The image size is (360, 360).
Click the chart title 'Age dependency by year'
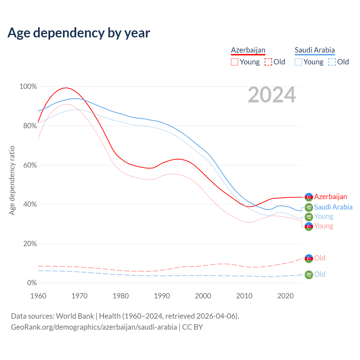pyautogui.click(x=79, y=33)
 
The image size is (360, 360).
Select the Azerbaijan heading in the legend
pyautogui.click(x=248, y=50)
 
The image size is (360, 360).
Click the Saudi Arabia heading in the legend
pyautogui.click(x=315, y=50)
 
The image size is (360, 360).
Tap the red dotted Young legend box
pyautogui.click(x=235, y=62)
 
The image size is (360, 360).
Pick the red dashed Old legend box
pyautogui.click(x=268, y=62)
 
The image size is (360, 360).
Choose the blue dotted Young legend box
pyautogui.click(x=298, y=62)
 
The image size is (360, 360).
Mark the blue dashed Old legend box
pyautogui.click(x=332, y=62)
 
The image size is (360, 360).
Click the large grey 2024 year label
pyautogui.click(x=272, y=95)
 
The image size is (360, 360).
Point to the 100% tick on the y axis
pyautogui.click(x=28, y=87)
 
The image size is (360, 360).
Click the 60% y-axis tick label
pyautogui.click(x=30, y=165)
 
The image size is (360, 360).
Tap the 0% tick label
pyautogui.click(x=32, y=283)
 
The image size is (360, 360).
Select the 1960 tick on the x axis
pyautogui.click(x=38, y=296)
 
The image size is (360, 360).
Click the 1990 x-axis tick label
pyautogui.click(x=162, y=296)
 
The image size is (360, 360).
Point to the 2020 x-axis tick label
pyautogui.click(x=285, y=296)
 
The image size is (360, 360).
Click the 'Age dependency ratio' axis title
pyautogui.click(x=12, y=180)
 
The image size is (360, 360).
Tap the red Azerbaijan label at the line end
pyautogui.click(x=330, y=197)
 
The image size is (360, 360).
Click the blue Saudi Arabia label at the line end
pyautogui.click(x=333, y=207)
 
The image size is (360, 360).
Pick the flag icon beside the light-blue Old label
pyautogui.click(x=309, y=274)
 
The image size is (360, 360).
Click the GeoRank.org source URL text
pyautogui.click(x=94, y=327)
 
